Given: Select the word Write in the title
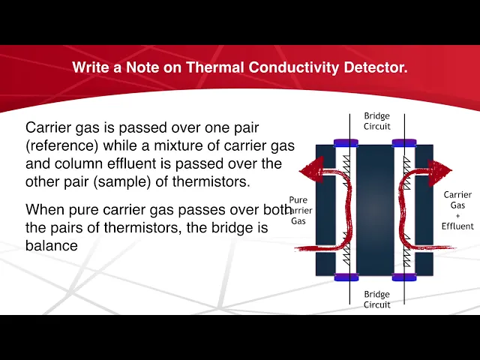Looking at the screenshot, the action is click(91, 67).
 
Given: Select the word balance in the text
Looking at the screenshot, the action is click(52, 244).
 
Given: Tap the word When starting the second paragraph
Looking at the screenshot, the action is click(46, 208).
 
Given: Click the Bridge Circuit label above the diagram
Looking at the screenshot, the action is click(376, 121).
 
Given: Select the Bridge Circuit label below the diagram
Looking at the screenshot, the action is click(376, 299).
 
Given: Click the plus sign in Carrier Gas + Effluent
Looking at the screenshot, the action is click(457, 215).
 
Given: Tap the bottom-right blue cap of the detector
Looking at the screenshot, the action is click(404, 277).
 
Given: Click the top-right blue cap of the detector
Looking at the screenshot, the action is click(404, 142).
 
